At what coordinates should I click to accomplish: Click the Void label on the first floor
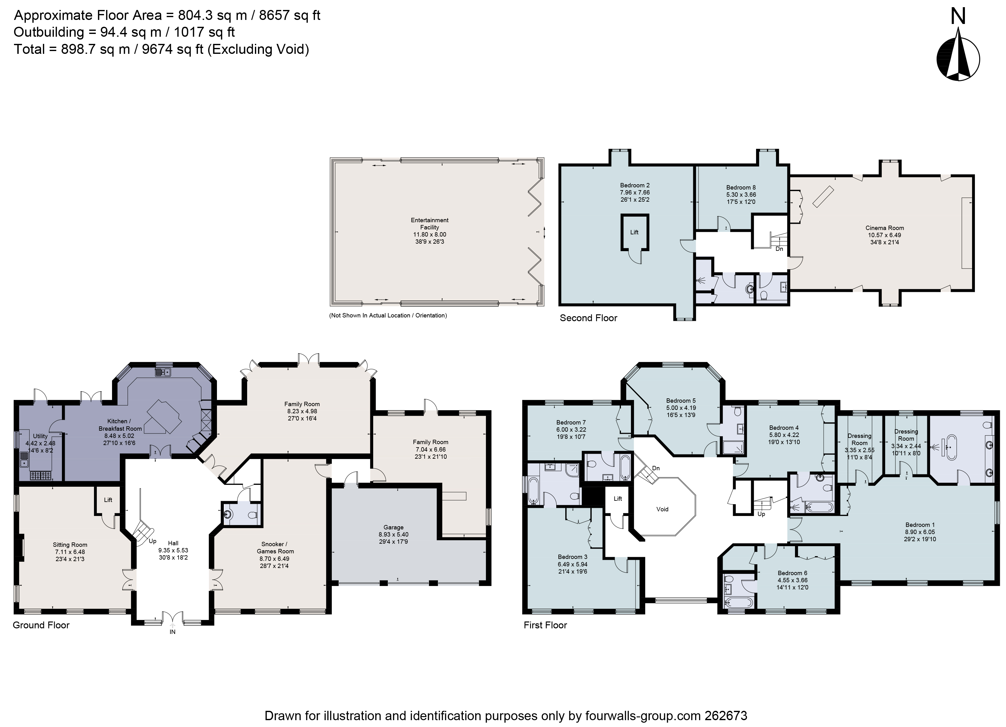click(x=662, y=509)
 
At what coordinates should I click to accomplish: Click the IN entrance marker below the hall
click(x=172, y=632)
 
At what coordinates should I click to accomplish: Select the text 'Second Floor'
click(x=588, y=318)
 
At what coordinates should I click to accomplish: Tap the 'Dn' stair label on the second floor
click(x=779, y=249)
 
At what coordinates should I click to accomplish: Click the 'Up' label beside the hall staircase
click(x=152, y=541)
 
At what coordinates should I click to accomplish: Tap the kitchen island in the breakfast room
click(x=163, y=417)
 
